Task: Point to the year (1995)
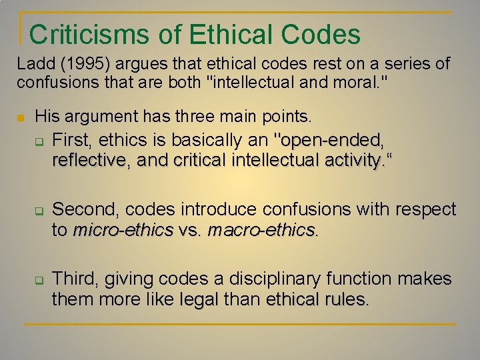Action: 79,65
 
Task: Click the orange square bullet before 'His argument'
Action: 21,119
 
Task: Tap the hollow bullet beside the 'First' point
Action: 39,142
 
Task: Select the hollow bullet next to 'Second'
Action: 39,212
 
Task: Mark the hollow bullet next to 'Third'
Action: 39,281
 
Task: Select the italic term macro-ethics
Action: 261,230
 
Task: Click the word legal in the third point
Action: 199,299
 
